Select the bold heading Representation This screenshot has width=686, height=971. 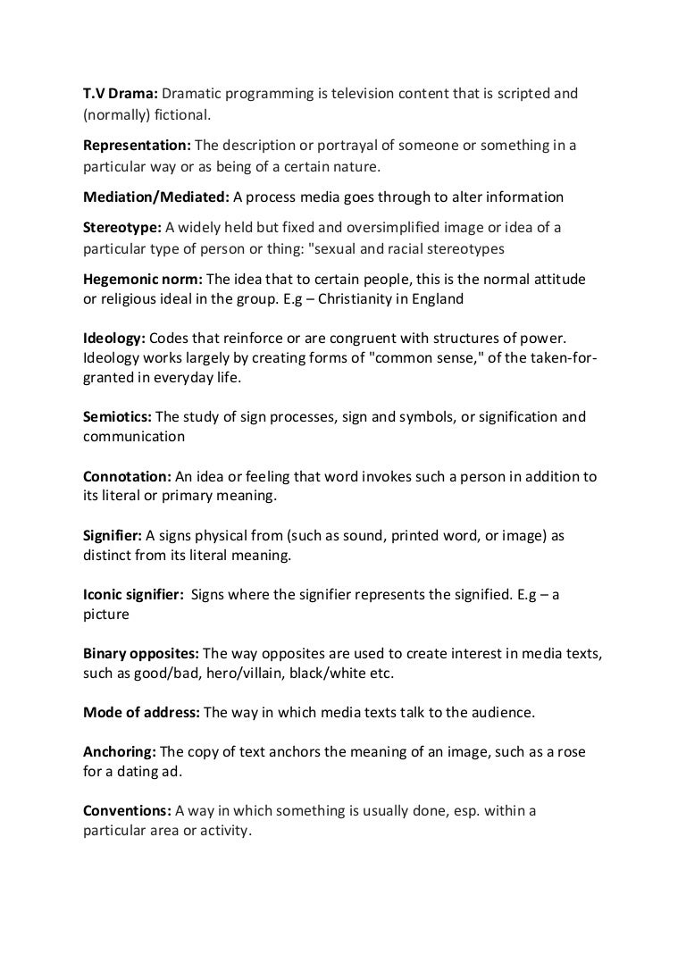click(137, 146)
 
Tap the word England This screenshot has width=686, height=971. click(437, 299)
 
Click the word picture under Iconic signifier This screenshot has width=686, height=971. click(106, 615)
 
